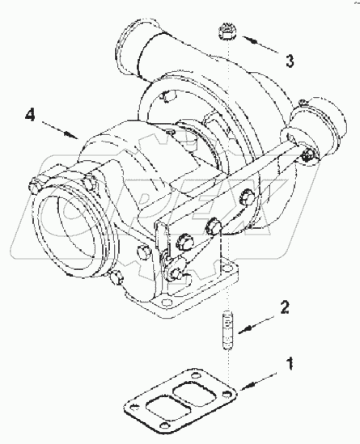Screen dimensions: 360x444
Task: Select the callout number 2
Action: point(285,307)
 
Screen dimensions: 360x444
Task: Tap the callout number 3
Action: point(290,61)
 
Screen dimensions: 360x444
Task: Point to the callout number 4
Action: point(30,115)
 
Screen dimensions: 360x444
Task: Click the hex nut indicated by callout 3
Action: point(227,32)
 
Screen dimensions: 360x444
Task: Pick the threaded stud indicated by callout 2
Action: point(227,330)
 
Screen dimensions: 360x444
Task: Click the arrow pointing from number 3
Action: point(260,44)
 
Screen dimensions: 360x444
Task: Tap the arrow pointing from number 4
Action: point(60,130)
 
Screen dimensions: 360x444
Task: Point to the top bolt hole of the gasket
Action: point(195,376)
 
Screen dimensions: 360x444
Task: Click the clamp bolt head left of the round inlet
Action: point(33,185)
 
